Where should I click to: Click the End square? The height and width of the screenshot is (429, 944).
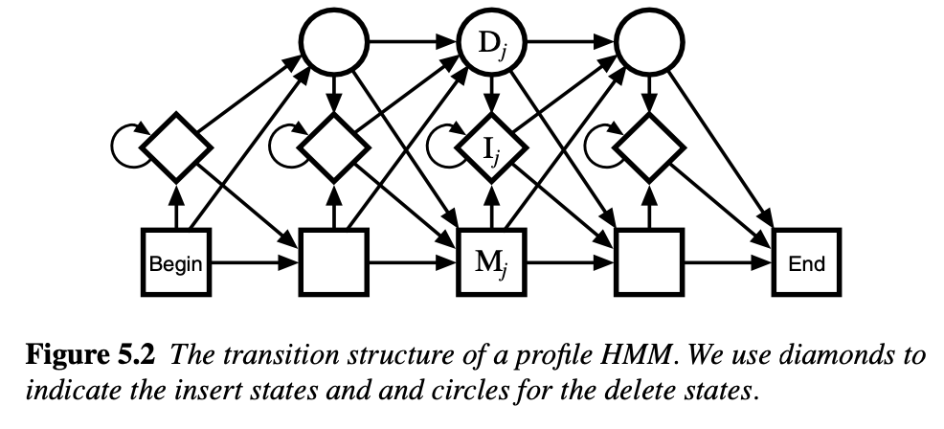tap(806, 260)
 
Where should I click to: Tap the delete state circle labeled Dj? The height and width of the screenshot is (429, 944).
tap(491, 43)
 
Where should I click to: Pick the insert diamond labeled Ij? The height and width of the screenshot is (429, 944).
tap(491, 148)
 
